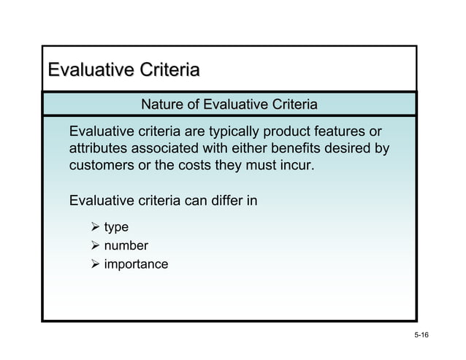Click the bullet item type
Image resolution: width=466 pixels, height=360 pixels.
[x=116, y=228]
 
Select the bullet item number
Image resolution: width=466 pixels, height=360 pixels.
[x=126, y=245]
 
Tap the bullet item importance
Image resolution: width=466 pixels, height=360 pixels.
[x=136, y=263]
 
